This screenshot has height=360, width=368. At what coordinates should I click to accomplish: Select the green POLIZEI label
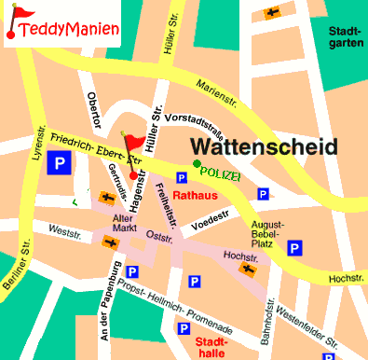pyautogui.click(x=223, y=174)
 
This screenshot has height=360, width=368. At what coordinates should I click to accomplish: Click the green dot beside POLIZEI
pyautogui.click(x=197, y=165)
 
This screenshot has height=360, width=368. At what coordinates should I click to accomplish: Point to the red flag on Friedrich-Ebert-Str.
pyautogui.click(x=137, y=141)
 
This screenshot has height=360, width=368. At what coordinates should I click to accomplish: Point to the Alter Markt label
pyautogui.click(x=124, y=224)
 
